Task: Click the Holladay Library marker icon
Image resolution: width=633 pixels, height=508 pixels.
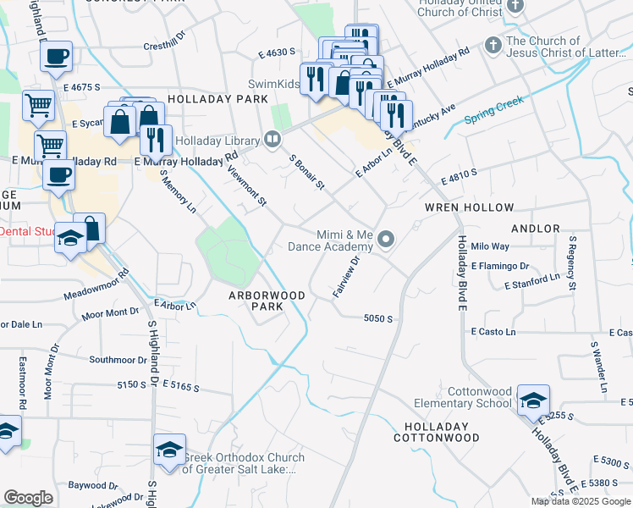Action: tap(272, 139)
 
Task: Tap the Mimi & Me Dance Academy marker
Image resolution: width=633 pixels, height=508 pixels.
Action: tap(387, 240)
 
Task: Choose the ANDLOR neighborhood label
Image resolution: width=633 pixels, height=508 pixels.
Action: tap(536, 229)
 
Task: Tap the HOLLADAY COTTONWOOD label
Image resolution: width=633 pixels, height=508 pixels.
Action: tap(436, 432)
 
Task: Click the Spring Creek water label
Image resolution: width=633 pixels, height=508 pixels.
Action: tap(495, 111)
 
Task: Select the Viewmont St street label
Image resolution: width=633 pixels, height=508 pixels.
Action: tap(247, 185)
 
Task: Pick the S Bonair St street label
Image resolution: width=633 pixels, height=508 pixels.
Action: tap(307, 172)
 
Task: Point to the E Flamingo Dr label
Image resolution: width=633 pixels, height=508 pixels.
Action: tap(501, 266)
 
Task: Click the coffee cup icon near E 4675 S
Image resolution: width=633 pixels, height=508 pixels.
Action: tap(57, 57)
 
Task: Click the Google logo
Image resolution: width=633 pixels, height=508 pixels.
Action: tap(28, 498)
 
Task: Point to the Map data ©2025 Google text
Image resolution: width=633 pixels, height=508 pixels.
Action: tap(581, 501)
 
